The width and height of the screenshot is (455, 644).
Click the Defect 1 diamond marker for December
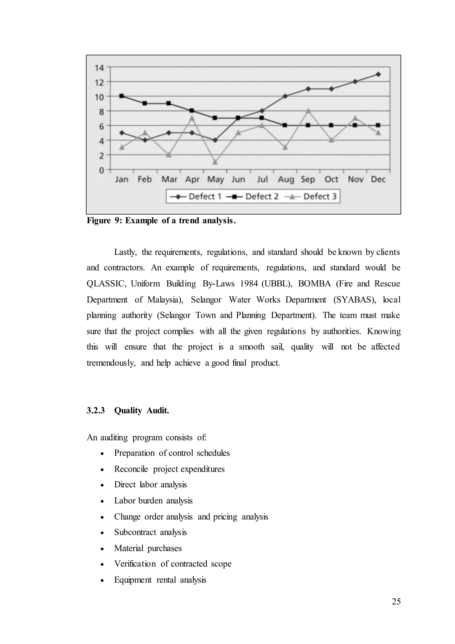pyautogui.click(x=378, y=74)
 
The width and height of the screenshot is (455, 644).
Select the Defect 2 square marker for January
pyautogui.click(x=122, y=96)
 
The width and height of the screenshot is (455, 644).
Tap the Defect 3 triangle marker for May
pyautogui.click(x=215, y=162)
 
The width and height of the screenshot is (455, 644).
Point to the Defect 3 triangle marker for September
pyautogui.click(x=308, y=111)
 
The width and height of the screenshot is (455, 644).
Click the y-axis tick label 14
pyautogui.click(x=99, y=68)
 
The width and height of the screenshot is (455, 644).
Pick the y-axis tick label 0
pyautogui.click(x=101, y=170)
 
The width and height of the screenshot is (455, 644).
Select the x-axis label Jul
pyautogui.click(x=262, y=179)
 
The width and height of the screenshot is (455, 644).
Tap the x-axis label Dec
pyautogui.click(x=378, y=179)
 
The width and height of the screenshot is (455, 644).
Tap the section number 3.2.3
pyautogui.click(x=96, y=411)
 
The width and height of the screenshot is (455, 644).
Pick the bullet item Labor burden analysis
pyautogui.click(x=153, y=501)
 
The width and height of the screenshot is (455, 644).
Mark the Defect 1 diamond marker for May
pyautogui.click(x=215, y=140)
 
